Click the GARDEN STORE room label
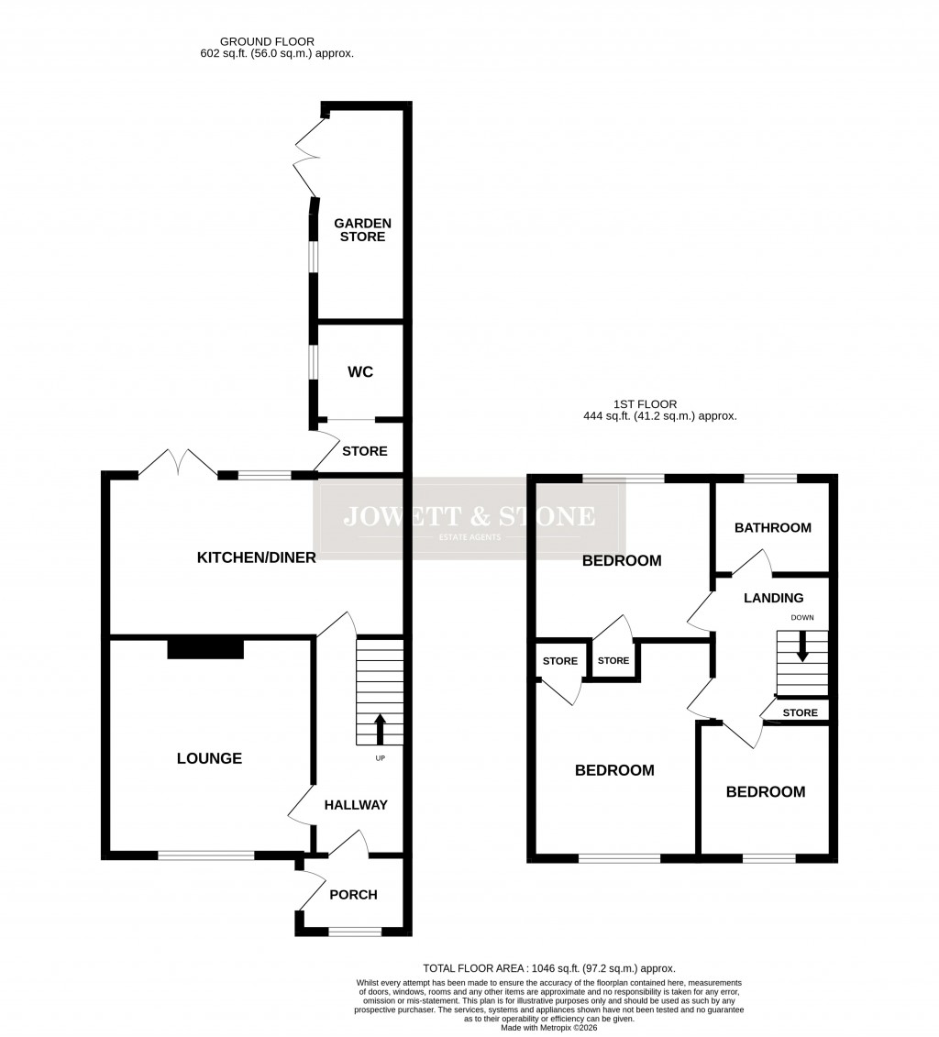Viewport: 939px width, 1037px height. click(x=362, y=230)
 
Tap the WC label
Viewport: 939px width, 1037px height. click(x=360, y=372)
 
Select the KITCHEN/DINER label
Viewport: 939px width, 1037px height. click(x=257, y=557)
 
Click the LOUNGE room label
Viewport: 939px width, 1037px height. click(x=210, y=758)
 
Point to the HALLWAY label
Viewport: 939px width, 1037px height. click(x=356, y=805)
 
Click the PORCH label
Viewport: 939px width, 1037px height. click(x=353, y=895)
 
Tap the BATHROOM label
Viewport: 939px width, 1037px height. click(x=773, y=527)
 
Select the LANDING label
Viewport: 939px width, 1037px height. click(x=773, y=598)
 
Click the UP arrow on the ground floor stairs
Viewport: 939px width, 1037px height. click(x=380, y=729)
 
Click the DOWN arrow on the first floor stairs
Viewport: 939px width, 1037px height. click(x=802, y=647)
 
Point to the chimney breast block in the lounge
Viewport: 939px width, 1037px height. click(x=205, y=649)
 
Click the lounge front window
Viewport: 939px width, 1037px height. click(x=206, y=855)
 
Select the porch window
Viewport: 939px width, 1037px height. click(x=355, y=932)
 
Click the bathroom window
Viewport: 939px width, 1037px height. click(x=769, y=478)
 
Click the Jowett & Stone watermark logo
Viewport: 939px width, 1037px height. click(x=469, y=518)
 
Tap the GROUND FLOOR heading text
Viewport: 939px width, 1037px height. click(x=267, y=41)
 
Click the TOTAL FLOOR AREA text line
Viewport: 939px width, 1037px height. click(x=548, y=968)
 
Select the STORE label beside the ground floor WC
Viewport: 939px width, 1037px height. click(x=364, y=451)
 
